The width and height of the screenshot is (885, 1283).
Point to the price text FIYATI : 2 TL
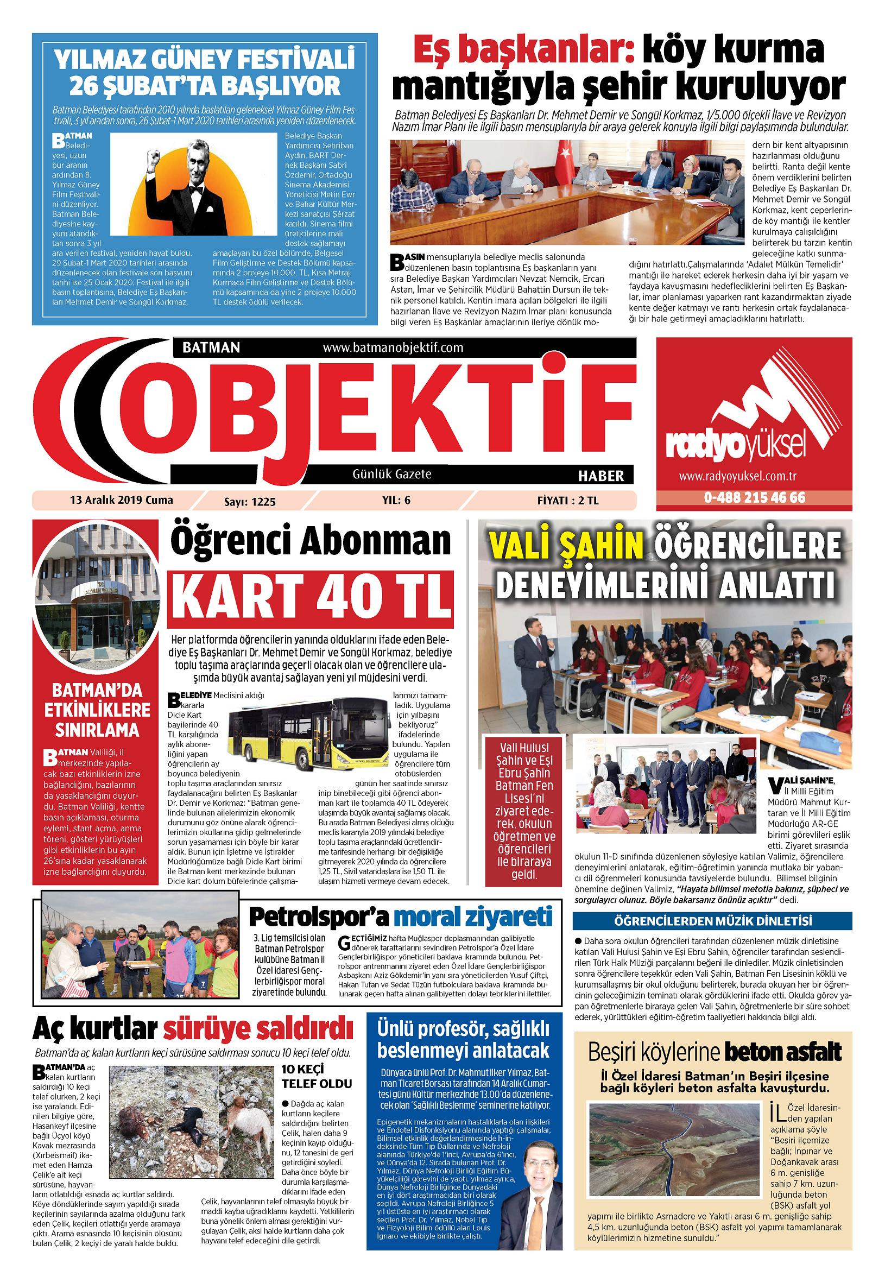[568, 501]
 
